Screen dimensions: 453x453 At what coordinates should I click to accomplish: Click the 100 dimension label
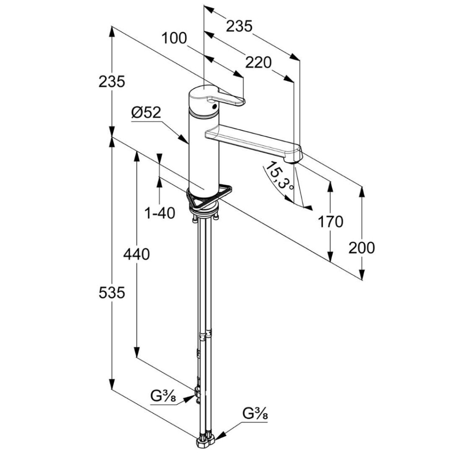pyautogui.click(x=174, y=38)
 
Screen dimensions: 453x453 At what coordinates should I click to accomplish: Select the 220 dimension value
pyautogui.click(x=258, y=63)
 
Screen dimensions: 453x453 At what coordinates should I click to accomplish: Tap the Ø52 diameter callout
pyautogui.click(x=146, y=113)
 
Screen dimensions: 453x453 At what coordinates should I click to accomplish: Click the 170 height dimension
pyautogui.click(x=330, y=222)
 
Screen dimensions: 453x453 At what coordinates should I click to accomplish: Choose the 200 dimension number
pyautogui.click(x=361, y=248)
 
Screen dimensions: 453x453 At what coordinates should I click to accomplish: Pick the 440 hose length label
pyautogui.click(x=136, y=254)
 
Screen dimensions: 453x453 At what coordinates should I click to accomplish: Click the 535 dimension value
pyautogui.click(x=112, y=293)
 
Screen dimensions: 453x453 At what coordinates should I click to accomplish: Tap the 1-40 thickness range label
pyautogui.click(x=160, y=214)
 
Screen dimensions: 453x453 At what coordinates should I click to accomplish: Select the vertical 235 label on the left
pyautogui.click(x=112, y=81)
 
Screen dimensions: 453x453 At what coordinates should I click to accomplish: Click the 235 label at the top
pyautogui.click(x=239, y=26)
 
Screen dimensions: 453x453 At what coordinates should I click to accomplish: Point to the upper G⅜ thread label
pyautogui.click(x=163, y=396)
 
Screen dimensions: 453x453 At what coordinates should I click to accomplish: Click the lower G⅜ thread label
pyautogui.click(x=255, y=414)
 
